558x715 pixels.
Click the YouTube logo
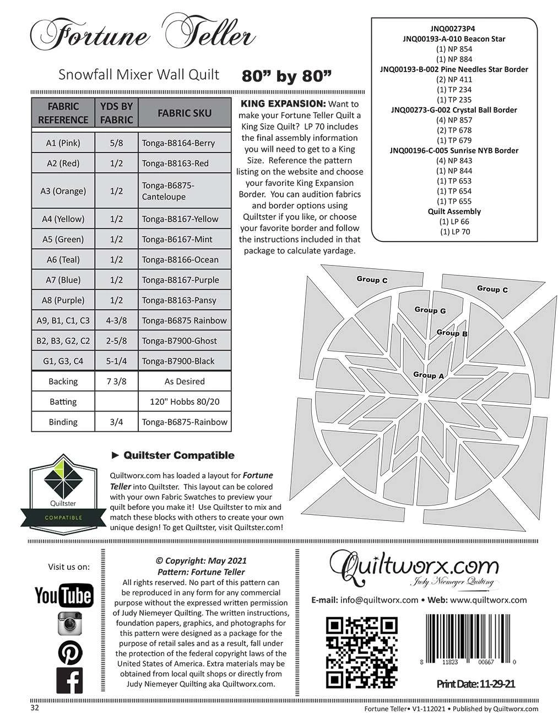pos(64,595)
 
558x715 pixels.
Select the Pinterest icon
pos(70,652)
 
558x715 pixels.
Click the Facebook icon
pos(70,680)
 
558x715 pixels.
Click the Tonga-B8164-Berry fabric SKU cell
pos(183,143)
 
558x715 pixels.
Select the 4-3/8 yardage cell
pos(116,321)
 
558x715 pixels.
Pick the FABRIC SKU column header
pos(185,113)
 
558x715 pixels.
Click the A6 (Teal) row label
pos(63,260)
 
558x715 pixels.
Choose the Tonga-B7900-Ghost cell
pos(183,341)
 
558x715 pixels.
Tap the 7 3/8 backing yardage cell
pos(116,382)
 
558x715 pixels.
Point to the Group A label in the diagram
pos(428,375)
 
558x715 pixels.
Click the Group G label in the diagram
pos(430,310)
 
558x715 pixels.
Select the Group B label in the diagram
pos(452,333)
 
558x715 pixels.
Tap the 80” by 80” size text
pos(286,76)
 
